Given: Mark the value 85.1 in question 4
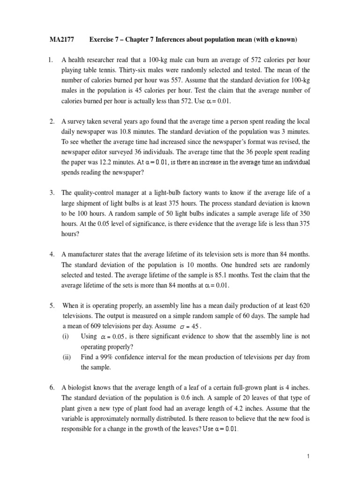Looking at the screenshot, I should tap(213, 275).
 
